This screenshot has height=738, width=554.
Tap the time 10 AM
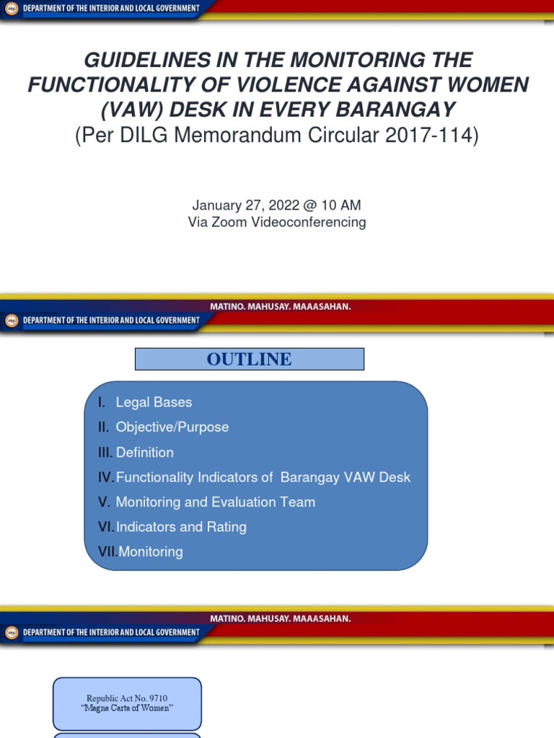coord(341,206)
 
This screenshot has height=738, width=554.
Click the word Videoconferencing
coord(308,222)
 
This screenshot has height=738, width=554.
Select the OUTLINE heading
coord(250,359)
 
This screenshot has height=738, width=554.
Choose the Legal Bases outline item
coord(154,402)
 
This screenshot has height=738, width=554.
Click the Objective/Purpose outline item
coord(172,427)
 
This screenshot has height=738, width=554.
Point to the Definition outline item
coord(145,453)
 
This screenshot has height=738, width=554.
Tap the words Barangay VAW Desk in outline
coord(346,477)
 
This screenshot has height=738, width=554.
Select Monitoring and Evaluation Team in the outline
coord(216,502)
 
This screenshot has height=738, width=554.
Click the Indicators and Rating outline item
coord(181,527)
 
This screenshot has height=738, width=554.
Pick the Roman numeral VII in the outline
coord(107,552)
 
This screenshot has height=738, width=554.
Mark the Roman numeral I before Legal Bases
coord(101,402)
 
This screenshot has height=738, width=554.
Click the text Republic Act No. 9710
coord(127,698)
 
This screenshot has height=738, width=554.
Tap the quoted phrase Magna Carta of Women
coord(127,708)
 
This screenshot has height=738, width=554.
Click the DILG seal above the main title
coord(11,9)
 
